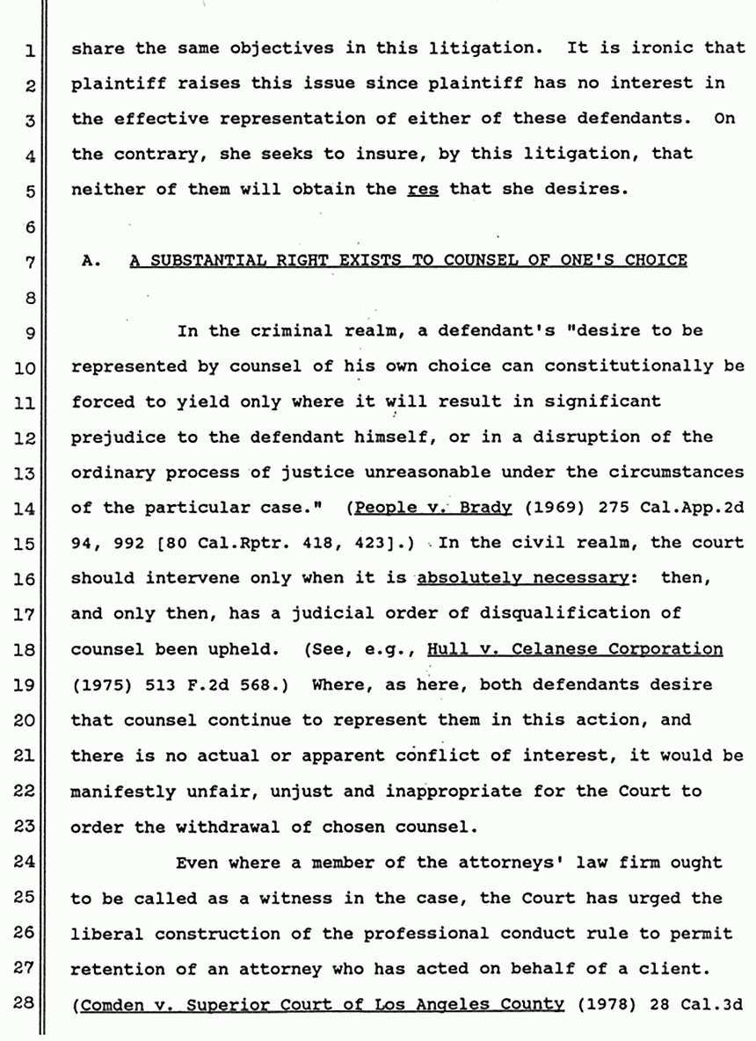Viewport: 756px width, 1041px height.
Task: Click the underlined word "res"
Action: click(423, 188)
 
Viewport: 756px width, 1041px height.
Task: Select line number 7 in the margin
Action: click(29, 262)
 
